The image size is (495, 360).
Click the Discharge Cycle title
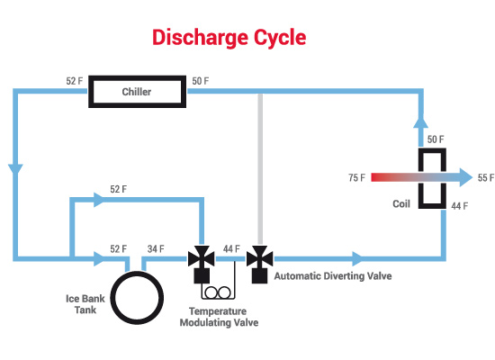pyautogui.click(x=229, y=38)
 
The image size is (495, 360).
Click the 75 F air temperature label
pyautogui.click(x=356, y=178)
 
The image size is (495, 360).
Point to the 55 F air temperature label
pyautogui.click(x=486, y=178)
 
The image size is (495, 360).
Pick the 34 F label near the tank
pyautogui.click(x=156, y=248)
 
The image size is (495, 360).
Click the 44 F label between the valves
pyautogui.click(x=231, y=248)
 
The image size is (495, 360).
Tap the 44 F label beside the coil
pyautogui.click(x=460, y=206)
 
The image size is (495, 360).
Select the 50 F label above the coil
pyautogui.click(x=436, y=139)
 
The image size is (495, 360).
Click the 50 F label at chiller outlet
pyautogui.click(x=201, y=81)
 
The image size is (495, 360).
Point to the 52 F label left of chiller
pyautogui.click(x=75, y=81)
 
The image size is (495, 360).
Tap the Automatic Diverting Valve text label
pyautogui.click(x=333, y=276)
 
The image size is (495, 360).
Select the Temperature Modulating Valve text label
pyautogui.click(x=219, y=317)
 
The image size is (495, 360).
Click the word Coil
pyautogui.click(x=401, y=203)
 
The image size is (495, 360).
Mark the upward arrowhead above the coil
pyautogui.click(x=421, y=122)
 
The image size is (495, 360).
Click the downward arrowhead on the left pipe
pyautogui.click(x=15, y=169)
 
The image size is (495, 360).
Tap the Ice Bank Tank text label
pyautogui.click(x=85, y=304)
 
